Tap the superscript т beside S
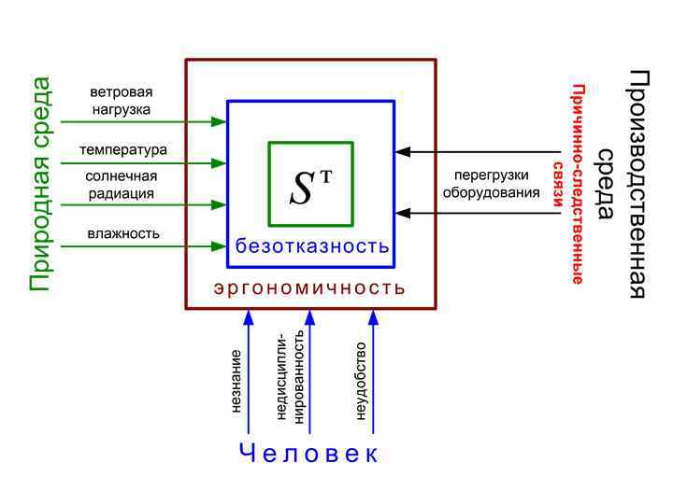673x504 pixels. click(x=326, y=174)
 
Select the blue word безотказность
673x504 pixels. click(x=311, y=246)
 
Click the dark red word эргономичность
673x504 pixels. click(x=310, y=287)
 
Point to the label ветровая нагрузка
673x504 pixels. click(x=121, y=101)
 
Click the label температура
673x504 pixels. click(x=122, y=149)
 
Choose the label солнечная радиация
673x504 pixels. click(x=121, y=184)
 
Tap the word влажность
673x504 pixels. click(x=123, y=232)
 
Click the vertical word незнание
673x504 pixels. click(x=236, y=381)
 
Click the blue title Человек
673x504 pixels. click(x=309, y=455)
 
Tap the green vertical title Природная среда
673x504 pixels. click(x=40, y=184)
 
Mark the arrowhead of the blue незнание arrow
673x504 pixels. click(x=248, y=316)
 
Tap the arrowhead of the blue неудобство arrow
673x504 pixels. click(x=373, y=316)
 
